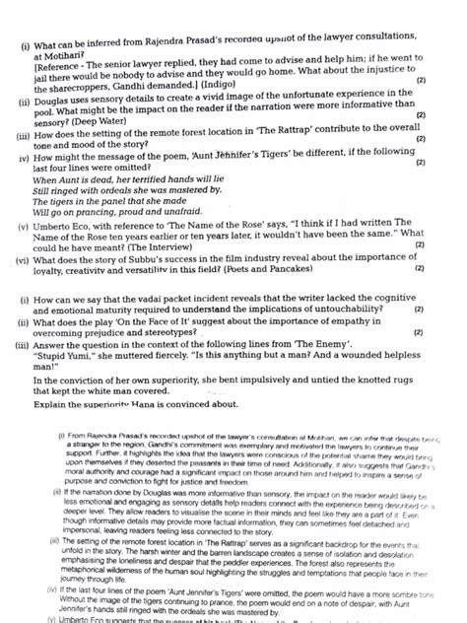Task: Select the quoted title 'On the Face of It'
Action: click(172, 325)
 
